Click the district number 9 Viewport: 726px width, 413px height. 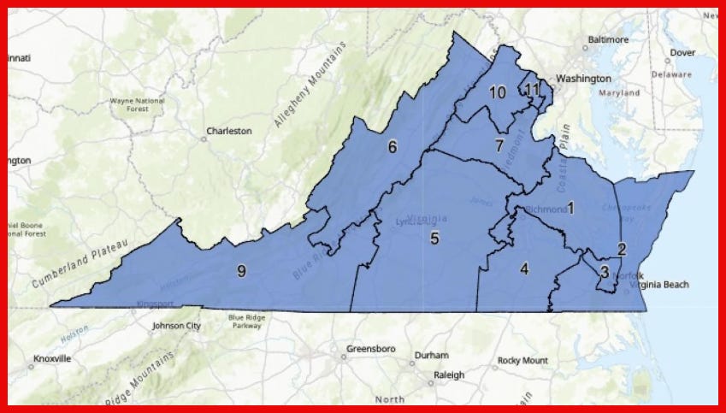tap(242, 271)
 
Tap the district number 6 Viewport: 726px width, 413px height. tap(393, 147)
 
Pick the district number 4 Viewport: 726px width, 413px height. tap(524, 268)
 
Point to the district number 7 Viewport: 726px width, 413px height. tap(499, 145)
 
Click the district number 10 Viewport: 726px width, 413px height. tap(498, 92)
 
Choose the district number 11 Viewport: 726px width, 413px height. tap(532, 89)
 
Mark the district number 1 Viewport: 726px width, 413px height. tap(570, 208)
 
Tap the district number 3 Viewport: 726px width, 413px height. tap(604, 273)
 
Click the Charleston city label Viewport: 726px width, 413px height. tap(228, 132)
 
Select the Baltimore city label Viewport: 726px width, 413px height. tap(608, 40)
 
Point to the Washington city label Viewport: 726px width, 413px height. tap(583, 79)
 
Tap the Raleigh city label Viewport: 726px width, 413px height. tap(448, 375)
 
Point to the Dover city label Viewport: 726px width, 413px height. tap(682, 52)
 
